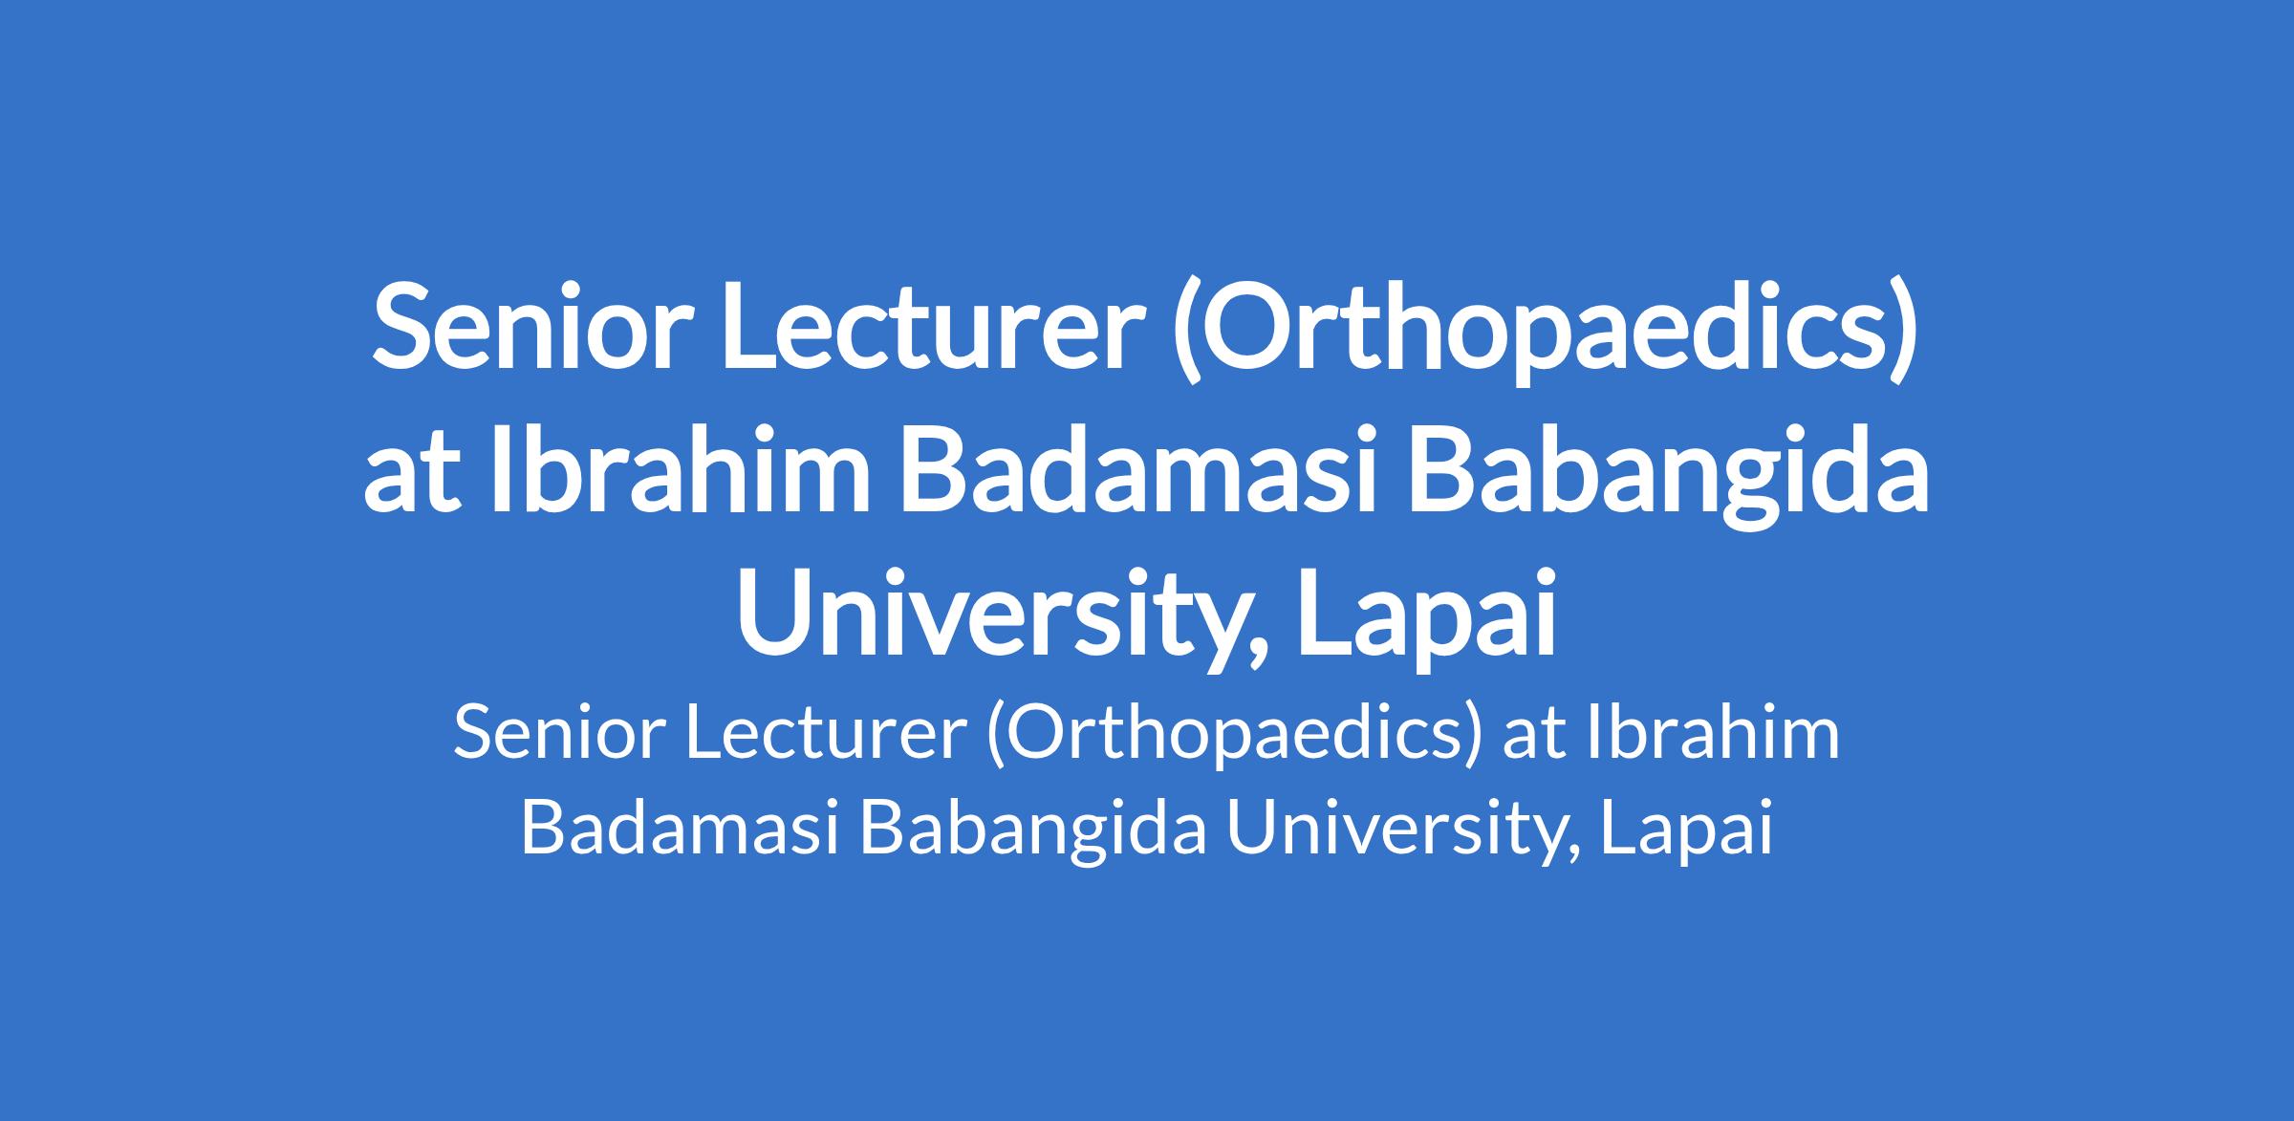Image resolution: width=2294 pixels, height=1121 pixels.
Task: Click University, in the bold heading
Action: pyautogui.click(x=1004, y=617)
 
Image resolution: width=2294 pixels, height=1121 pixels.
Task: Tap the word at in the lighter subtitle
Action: pyautogui.click(x=1533, y=738)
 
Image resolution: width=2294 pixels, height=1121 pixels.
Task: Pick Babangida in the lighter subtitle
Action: pyautogui.click(x=1033, y=830)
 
